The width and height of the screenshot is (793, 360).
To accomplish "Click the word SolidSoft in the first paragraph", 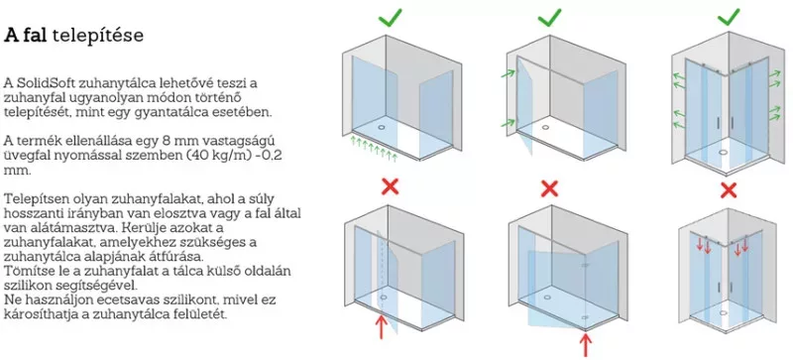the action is click(x=38, y=82).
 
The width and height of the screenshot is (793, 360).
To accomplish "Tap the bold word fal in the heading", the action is click(x=35, y=36).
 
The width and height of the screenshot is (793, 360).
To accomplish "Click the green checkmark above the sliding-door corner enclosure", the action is click(x=729, y=19).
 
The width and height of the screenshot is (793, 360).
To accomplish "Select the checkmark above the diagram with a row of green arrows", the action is click(x=391, y=18).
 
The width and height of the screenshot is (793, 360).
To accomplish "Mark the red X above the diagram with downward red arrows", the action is click(x=729, y=189).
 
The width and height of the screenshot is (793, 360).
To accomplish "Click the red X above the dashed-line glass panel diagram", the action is click(x=390, y=186).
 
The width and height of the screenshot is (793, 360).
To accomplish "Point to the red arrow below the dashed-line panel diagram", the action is click(x=381, y=326).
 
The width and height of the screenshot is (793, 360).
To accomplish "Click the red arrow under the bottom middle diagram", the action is click(x=586, y=344).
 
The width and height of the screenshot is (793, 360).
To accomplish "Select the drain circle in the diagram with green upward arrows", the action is click(x=381, y=121).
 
